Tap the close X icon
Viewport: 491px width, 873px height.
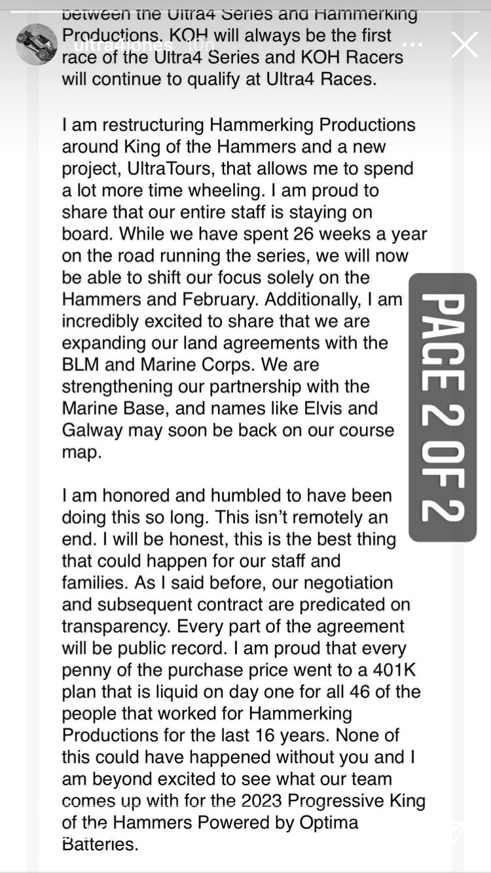click(464, 45)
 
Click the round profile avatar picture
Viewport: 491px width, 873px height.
click(37, 45)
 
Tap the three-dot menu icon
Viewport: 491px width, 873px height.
click(412, 45)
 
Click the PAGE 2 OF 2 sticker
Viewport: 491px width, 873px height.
click(442, 407)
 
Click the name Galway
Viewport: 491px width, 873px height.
click(92, 430)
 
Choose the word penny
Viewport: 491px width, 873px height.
click(88, 670)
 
